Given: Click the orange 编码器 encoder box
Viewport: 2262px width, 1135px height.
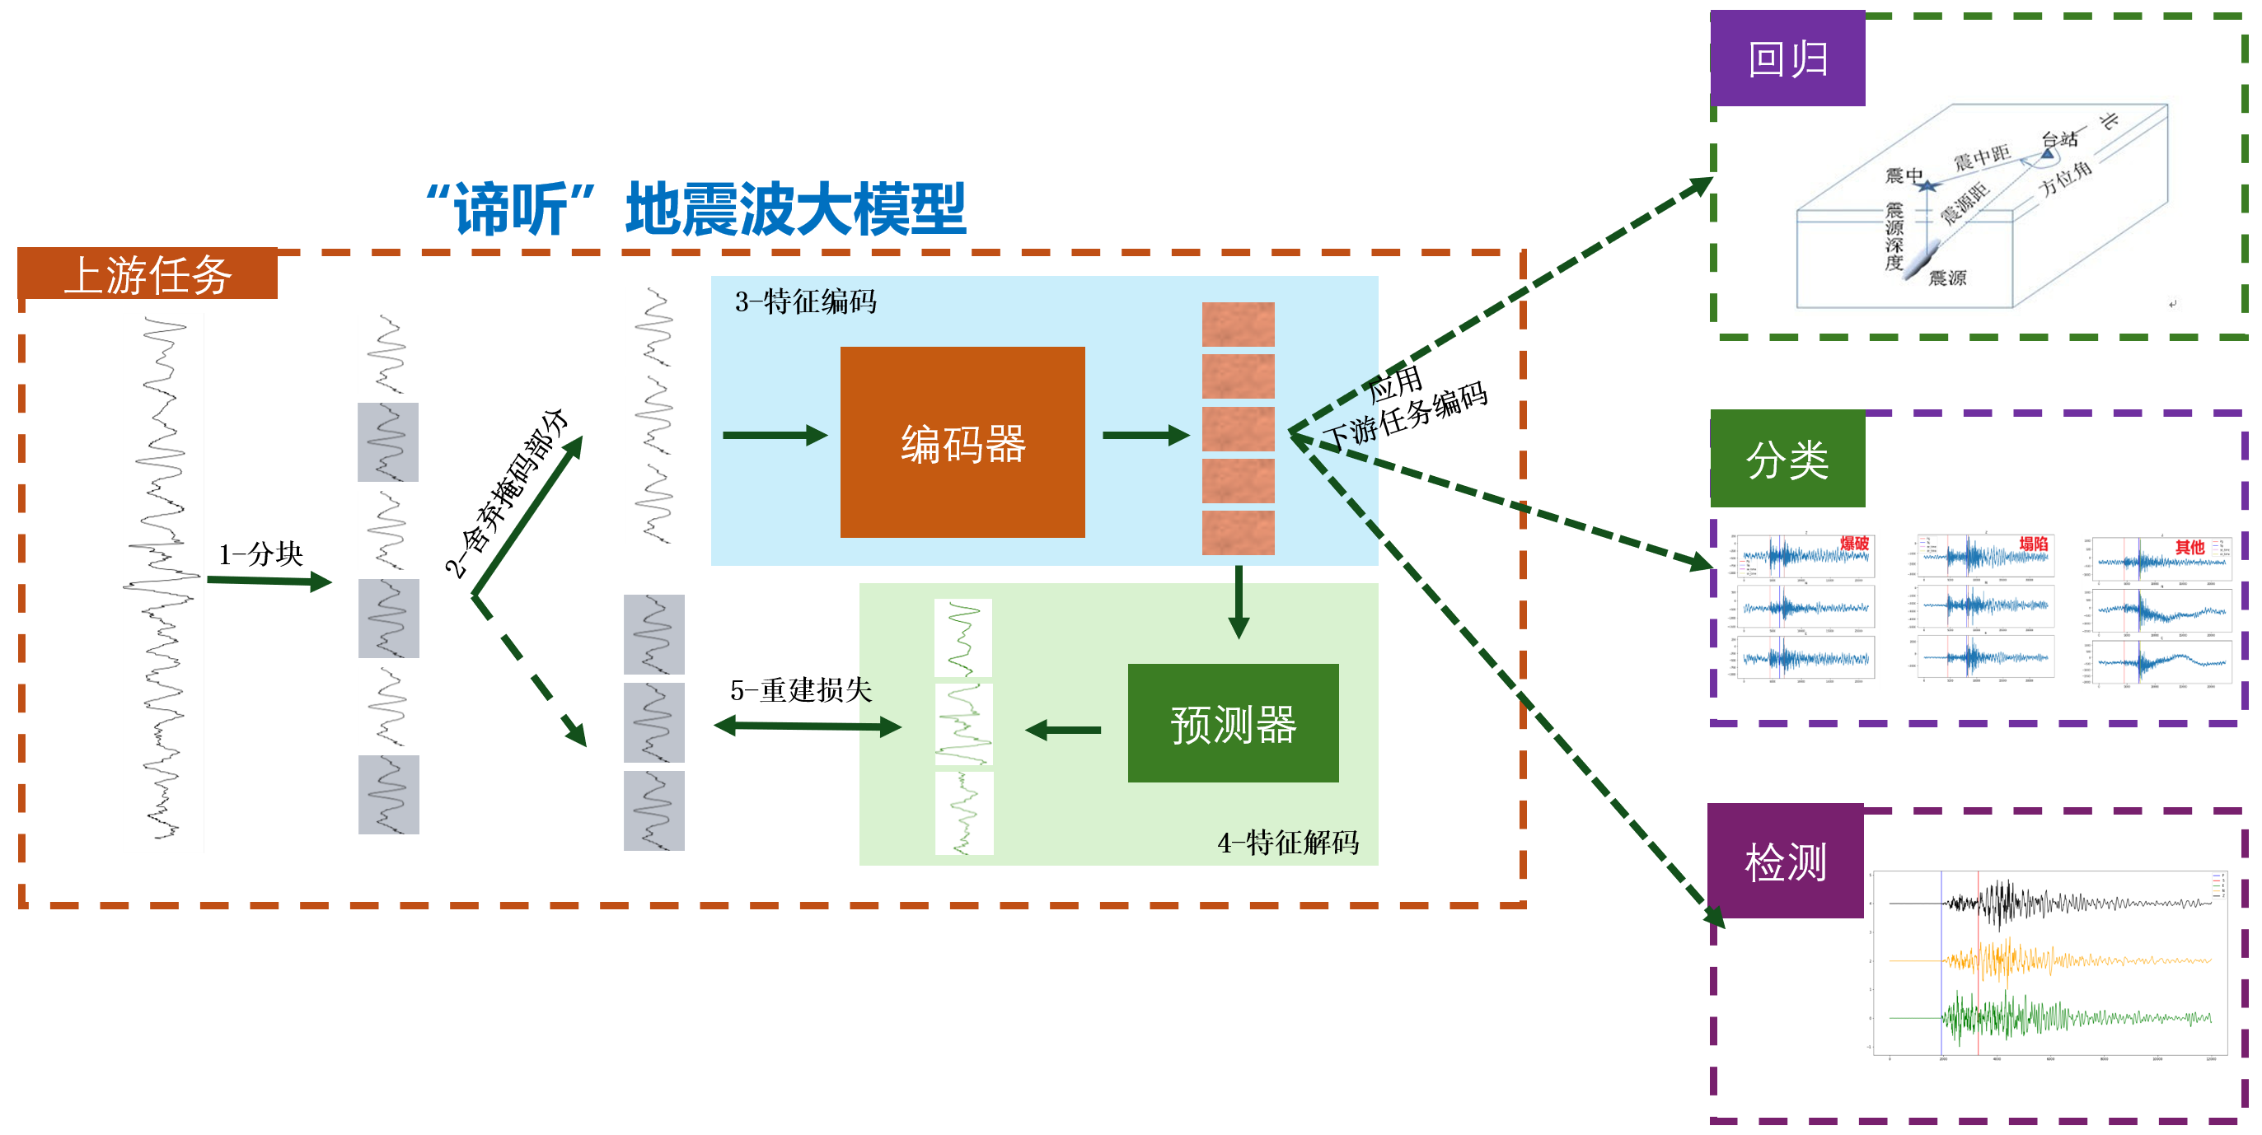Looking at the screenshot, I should coord(962,441).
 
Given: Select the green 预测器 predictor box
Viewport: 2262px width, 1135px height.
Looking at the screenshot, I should coord(1233,723).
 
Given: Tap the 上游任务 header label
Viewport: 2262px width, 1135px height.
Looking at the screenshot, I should coord(148,275).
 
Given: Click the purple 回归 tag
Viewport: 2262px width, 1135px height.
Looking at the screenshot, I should coord(1787,58).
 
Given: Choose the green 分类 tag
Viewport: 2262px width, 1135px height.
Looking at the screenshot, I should coord(1787,459).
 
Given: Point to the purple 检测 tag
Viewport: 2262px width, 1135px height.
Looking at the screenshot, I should coord(1785,861).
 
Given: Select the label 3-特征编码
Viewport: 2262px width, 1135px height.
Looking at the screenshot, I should coord(805,302).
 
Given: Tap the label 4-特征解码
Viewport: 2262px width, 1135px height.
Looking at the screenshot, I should coord(1287,843).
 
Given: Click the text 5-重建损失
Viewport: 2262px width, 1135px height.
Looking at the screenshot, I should coord(801,690).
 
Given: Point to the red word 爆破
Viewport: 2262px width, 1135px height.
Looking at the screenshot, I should coord(1853,544).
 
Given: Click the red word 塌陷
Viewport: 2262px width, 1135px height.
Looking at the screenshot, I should coord(2033,544).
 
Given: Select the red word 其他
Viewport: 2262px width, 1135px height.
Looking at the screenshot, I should coord(2189,547).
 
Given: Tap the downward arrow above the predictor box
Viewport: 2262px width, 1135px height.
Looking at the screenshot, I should coord(1239,602).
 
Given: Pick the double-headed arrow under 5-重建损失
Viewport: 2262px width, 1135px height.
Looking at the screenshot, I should coord(808,726).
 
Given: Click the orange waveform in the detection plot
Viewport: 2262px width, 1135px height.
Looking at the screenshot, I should coord(2020,960).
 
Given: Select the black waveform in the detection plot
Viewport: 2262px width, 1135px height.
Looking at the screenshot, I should coord(2020,904).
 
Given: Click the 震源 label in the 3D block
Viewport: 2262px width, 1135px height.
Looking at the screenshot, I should coord(1946,278).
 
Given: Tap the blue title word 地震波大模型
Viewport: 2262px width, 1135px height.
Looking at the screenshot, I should coord(795,209).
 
